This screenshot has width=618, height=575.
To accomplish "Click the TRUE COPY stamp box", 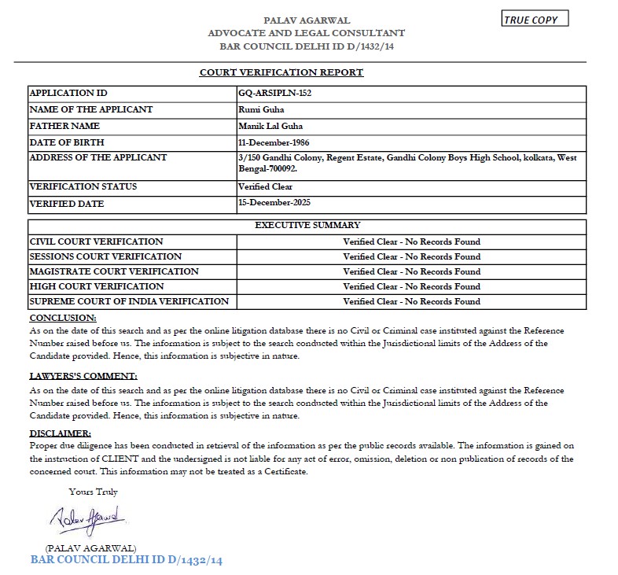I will pos(535,20).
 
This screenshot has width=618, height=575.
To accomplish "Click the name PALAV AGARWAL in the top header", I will pos(307,20).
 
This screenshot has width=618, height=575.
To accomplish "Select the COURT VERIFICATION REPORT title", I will pos(281,72).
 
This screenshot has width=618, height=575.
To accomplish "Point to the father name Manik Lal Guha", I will pos(270,126).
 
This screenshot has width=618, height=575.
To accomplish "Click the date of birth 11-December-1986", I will pos(274,142).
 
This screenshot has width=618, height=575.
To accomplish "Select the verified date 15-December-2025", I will pos(274,202).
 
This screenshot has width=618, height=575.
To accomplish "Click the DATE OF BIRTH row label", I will pos(67,142).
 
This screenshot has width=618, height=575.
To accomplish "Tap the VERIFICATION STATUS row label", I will pos(83,187).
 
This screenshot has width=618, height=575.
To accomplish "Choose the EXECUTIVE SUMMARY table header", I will pos(307,226).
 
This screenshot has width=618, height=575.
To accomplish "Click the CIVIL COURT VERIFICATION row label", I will pos(96,241).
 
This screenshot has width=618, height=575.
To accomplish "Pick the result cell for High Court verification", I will pos(411,286).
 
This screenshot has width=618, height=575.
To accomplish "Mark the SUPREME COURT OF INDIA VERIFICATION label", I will pos(129,301).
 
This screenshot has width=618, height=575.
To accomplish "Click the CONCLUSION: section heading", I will pos(63,318).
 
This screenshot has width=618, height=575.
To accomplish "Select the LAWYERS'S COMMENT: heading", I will pos(83,376).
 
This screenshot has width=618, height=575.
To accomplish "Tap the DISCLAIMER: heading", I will pos(60,433).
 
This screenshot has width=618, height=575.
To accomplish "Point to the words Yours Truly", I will pos(93,492).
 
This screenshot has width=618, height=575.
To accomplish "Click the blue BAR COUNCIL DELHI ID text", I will pos(127,560).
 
